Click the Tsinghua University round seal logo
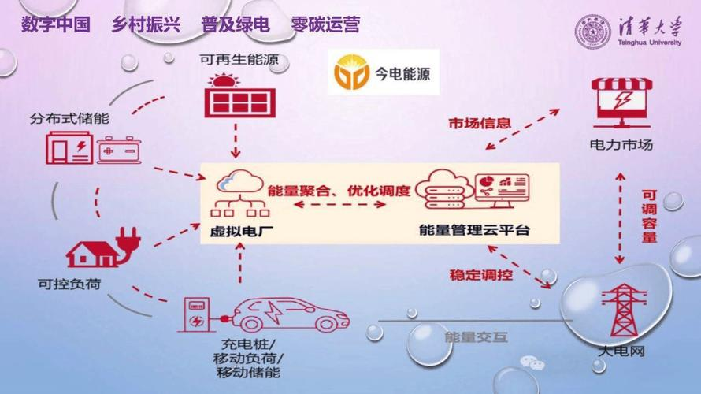tap(592, 32)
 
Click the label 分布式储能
tap(69, 119)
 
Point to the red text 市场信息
tap(480, 124)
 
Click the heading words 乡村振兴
tap(146, 25)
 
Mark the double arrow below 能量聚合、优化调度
tap(339, 206)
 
